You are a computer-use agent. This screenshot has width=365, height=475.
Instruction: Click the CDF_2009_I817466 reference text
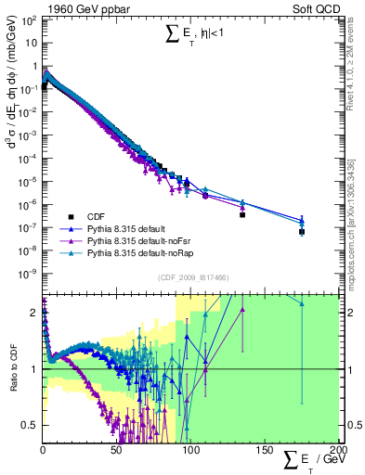coord(190,277)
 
